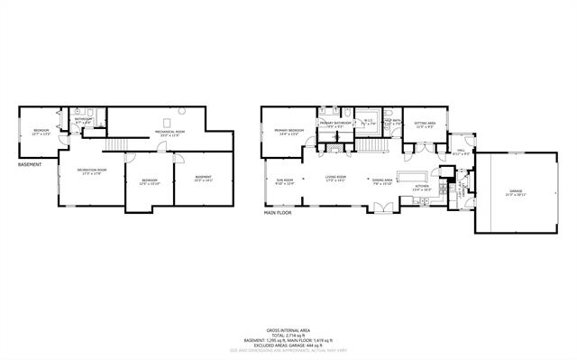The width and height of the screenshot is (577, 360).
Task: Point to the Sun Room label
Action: click(x=283, y=180)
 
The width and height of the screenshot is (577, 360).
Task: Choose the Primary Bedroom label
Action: click(x=289, y=131)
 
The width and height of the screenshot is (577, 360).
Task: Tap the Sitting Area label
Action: click(x=425, y=124)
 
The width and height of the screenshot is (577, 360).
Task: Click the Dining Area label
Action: click(x=382, y=180)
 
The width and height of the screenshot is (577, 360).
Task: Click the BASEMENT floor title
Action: click(x=31, y=165)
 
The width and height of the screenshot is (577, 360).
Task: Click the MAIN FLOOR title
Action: click(x=281, y=213)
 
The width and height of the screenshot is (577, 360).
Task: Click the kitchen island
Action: click(x=415, y=175)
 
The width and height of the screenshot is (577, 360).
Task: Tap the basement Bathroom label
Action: click(x=84, y=119)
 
